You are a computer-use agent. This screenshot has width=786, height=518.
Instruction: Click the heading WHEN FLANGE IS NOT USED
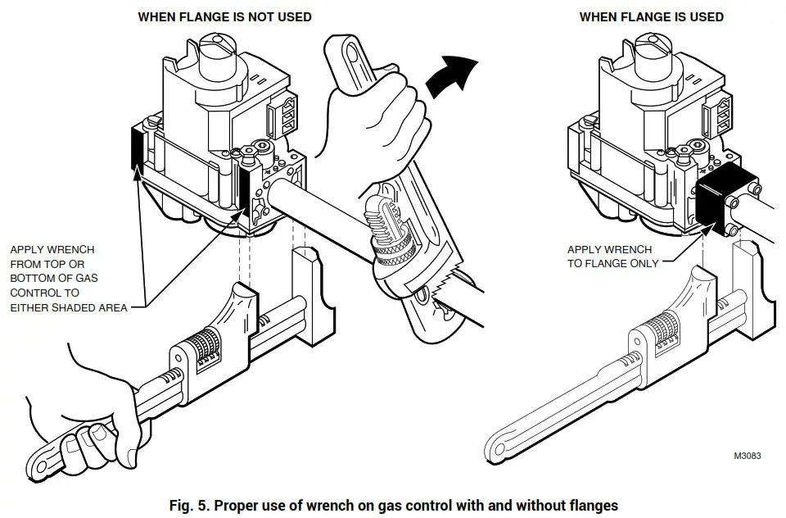coord(224,16)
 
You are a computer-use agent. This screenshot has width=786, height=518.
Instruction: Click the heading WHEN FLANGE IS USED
coord(651,16)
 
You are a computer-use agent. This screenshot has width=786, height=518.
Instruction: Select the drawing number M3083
coord(747,456)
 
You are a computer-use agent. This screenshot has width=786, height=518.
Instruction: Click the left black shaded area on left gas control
coord(137,149)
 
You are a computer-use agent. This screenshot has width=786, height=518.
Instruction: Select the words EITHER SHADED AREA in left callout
coord(69,307)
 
